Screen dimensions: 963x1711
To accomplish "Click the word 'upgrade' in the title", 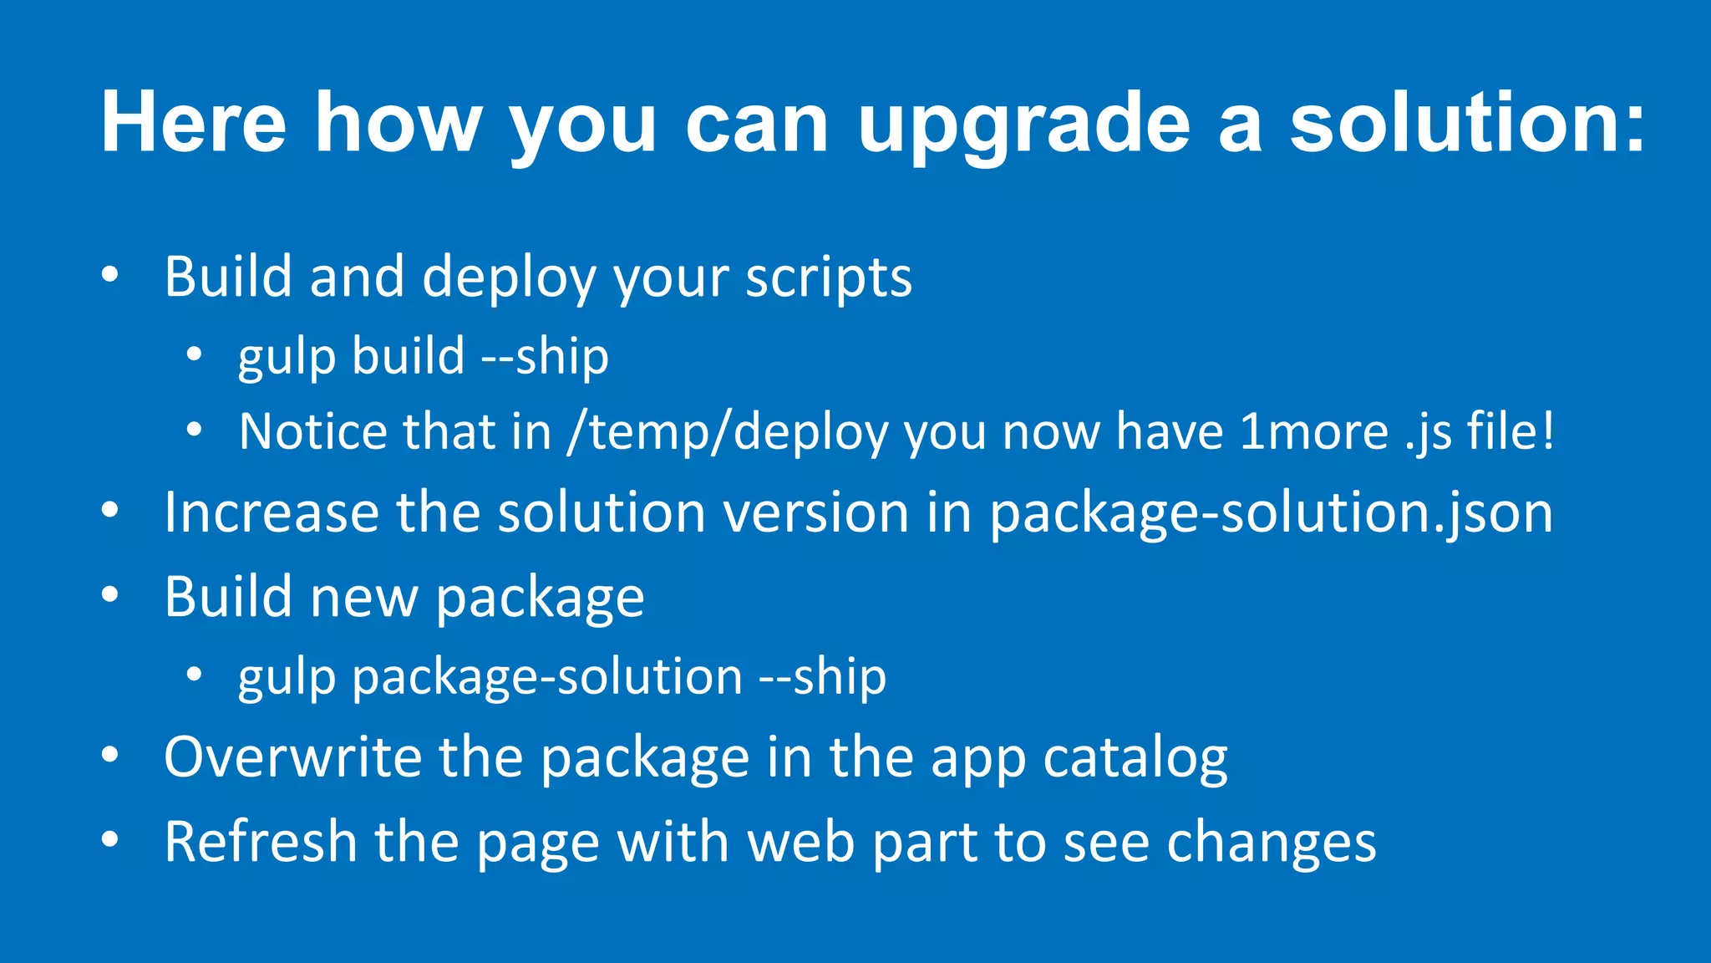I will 1023,125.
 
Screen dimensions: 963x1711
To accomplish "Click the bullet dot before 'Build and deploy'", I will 109,275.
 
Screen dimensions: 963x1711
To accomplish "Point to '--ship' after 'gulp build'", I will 545,356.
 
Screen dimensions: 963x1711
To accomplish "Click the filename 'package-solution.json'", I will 1271,513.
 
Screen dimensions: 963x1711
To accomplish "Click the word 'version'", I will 815,512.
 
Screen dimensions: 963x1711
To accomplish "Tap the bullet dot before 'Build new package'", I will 109,595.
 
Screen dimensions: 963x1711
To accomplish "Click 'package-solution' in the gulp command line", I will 547,677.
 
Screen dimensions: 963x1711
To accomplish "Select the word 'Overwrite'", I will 292,757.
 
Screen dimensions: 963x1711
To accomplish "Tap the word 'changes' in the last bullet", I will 1271,843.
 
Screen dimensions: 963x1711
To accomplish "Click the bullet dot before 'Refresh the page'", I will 109,839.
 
